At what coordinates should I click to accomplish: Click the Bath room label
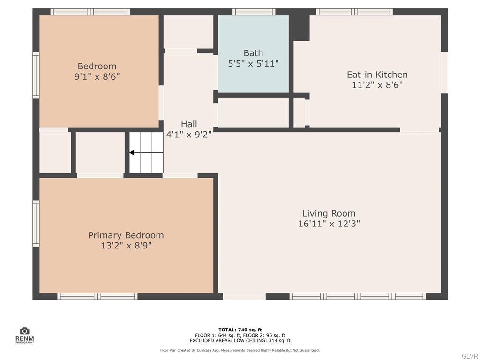click(253, 53)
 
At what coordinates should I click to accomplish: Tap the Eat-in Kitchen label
click(377, 75)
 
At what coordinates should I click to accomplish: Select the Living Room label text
click(329, 213)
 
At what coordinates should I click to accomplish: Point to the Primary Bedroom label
click(126, 235)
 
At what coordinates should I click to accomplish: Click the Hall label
click(189, 124)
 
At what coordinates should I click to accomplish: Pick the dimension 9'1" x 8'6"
click(97, 76)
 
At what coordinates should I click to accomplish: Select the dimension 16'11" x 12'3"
click(329, 224)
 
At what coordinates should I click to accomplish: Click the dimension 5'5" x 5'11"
click(253, 63)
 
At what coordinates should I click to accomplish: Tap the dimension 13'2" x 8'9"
click(126, 245)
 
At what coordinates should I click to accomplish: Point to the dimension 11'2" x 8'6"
click(377, 85)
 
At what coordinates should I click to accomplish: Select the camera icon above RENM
click(24, 331)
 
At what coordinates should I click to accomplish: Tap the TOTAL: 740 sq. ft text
click(240, 330)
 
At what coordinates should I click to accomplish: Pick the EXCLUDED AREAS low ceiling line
click(240, 341)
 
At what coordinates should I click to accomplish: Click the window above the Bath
click(254, 12)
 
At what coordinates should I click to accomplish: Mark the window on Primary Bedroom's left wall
click(36, 223)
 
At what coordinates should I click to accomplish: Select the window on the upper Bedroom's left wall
click(36, 75)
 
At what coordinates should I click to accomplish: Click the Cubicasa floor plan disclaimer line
click(240, 350)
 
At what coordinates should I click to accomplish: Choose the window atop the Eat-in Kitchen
click(354, 12)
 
